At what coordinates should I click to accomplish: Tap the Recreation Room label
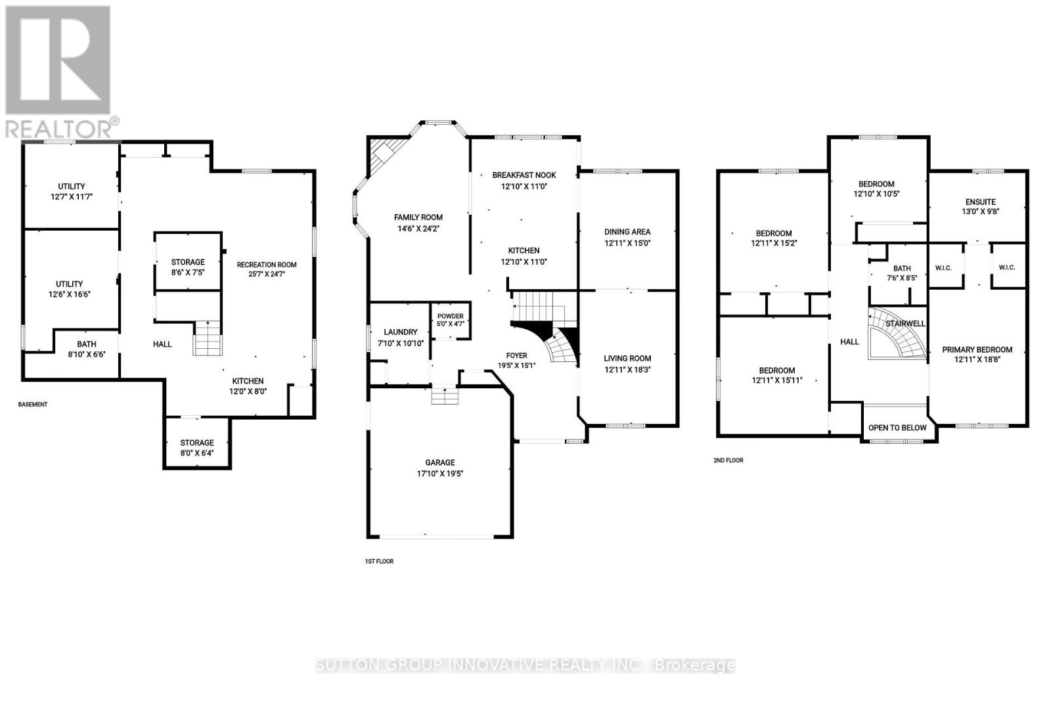click(x=267, y=265)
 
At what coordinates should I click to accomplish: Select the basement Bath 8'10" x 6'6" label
click(x=86, y=349)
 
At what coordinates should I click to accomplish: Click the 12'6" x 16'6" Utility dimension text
click(x=70, y=294)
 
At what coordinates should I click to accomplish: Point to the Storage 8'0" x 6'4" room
click(x=197, y=443)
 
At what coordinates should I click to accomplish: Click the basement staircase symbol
click(x=207, y=338)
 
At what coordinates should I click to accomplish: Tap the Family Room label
click(x=418, y=217)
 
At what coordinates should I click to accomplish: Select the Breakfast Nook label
click(x=524, y=175)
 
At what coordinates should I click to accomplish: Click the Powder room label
click(x=451, y=316)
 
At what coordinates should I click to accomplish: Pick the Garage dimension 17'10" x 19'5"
click(x=440, y=474)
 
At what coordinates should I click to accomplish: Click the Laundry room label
click(x=400, y=332)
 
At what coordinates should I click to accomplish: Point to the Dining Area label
click(x=627, y=232)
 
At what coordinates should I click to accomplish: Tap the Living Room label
click(x=627, y=359)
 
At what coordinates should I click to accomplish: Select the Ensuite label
click(x=981, y=202)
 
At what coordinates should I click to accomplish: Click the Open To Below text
click(x=897, y=428)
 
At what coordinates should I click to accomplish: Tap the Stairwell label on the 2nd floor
click(x=905, y=324)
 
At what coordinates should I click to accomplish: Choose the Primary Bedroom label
click(x=977, y=350)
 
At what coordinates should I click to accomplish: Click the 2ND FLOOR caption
click(x=728, y=461)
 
